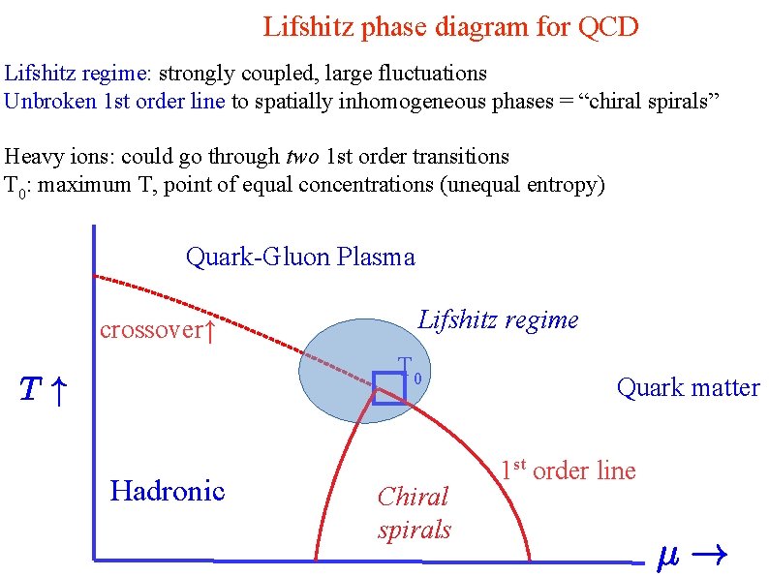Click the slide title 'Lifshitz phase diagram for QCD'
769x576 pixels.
click(450, 26)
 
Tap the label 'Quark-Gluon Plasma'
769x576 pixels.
click(300, 257)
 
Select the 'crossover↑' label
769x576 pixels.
click(156, 330)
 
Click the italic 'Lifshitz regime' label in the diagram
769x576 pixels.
click(498, 319)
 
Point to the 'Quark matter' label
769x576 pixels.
click(688, 388)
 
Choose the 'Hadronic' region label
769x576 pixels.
click(168, 491)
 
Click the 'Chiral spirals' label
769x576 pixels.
click(414, 513)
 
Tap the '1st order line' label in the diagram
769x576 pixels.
click(568, 471)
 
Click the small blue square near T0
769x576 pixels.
click(388, 388)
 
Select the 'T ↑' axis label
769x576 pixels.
click(44, 390)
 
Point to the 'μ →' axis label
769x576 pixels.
click(692, 558)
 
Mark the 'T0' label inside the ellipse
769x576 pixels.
click(409, 369)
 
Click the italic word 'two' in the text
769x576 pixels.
click(303, 156)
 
